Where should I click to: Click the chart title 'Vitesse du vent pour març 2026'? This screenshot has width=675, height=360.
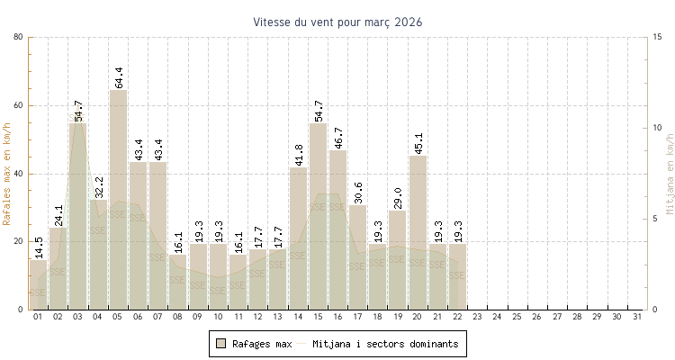click(337, 22)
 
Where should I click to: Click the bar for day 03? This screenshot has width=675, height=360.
click(77, 216)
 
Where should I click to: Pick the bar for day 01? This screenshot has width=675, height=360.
click(38, 284)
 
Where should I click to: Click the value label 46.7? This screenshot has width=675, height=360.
click(338, 133)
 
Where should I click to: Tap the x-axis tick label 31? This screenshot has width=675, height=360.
click(637, 317)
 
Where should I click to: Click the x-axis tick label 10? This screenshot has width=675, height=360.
click(218, 317)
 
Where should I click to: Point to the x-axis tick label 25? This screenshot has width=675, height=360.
click(517, 317)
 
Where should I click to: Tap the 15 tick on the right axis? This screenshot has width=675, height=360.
click(658, 37)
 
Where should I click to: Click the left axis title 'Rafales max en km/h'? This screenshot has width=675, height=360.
click(8, 173)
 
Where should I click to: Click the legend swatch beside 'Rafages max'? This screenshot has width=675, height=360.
click(220, 344)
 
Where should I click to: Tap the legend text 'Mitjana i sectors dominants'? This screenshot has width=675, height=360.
click(385, 344)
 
